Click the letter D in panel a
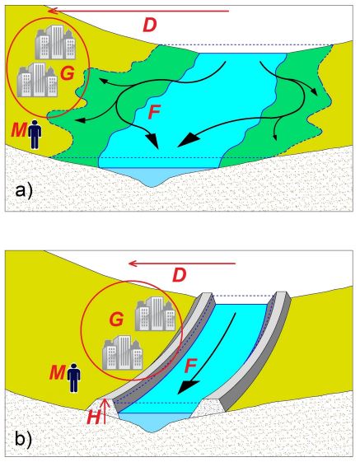tap(150, 25)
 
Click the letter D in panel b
tap(180, 276)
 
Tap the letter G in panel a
tap(68, 73)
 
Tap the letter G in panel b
tap(116, 320)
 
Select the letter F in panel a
tap(154, 112)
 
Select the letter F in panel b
tap(190, 366)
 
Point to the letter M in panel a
tap(19, 130)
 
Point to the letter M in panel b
tap(57, 372)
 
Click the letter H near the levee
tap(94, 418)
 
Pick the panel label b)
tap(24, 439)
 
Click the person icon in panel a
tap(35, 134)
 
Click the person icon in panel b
tap(73, 378)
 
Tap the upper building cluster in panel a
tap(55, 42)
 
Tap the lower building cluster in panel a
tap(37, 80)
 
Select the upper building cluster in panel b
tap(156, 314)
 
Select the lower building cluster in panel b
tap(123, 352)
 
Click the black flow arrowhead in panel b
tap(188, 387)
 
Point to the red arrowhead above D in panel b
tap(133, 264)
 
